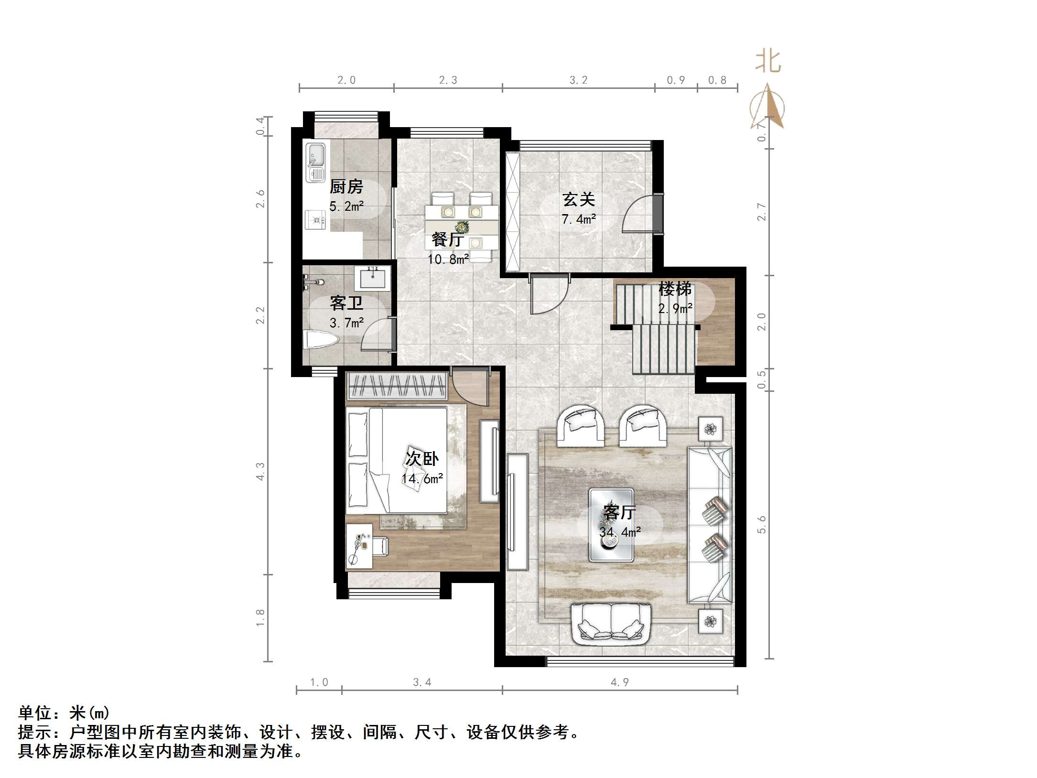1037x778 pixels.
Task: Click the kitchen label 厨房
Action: click(346, 186)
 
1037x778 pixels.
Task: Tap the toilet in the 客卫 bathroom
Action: click(321, 340)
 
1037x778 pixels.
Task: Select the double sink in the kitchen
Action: click(315, 162)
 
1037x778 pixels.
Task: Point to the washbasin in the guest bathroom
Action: click(372, 277)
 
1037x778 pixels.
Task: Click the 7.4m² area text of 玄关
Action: click(578, 219)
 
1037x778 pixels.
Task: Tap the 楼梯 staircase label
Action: click(675, 289)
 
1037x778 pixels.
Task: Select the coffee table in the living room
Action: click(611, 524)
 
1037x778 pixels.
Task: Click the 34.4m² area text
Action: click(620, 532)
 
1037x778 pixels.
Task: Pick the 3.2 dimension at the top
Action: click(578, 80)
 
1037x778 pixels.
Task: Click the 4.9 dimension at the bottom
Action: click(619, 682)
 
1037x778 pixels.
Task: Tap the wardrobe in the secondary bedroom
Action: click(397, 386)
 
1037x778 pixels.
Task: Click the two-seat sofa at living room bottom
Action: click(611, 622)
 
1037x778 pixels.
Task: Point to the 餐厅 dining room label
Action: click(447, 239)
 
